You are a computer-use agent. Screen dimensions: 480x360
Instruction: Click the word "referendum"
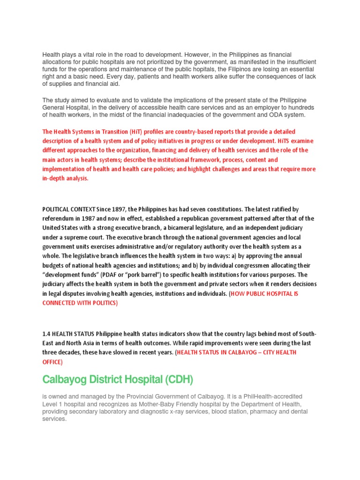coord(59,218)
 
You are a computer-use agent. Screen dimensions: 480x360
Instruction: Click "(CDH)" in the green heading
coord(173,379)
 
